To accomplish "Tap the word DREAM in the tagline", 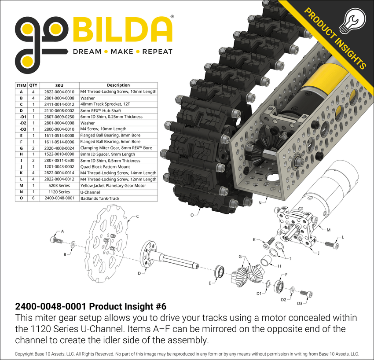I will tap(87, 51).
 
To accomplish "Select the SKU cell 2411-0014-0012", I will tap(59, 104).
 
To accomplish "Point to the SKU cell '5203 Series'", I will tap(59, 186).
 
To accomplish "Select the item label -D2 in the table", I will tap(21, 123).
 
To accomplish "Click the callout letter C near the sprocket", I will tap(138, 216).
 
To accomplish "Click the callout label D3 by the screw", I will tap(299, 303).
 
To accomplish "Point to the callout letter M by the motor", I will tap(328, 229).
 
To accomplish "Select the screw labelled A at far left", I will tap(56, 239).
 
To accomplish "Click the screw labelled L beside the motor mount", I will tap(332, 244).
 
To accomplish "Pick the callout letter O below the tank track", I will tap(192, 215).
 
